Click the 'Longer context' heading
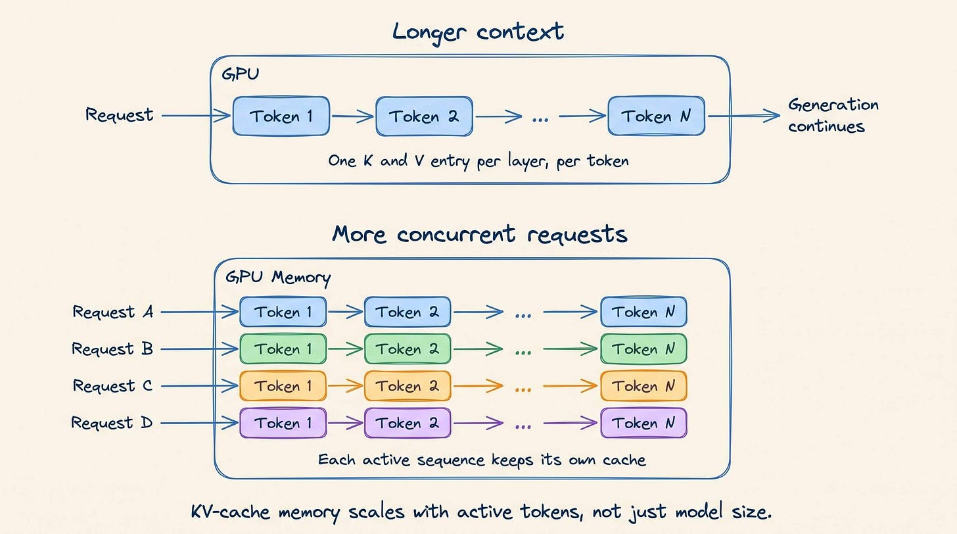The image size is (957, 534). [x=478, y=32]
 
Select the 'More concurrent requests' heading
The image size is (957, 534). [x=480, y=234]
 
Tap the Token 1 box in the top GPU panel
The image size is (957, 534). [x=281, y=116]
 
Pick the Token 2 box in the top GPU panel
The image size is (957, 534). [x=424, y=116]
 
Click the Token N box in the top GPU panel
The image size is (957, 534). [x=656, y=116]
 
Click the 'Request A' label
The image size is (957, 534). [x=113, y=312]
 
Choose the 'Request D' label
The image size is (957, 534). [x=112, y=423]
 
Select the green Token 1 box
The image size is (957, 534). [x=283, y=349]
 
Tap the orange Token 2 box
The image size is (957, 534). [x=408, y=386]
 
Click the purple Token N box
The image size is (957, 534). [x=643, y=423]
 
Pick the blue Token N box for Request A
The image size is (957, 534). [x=643, y=312]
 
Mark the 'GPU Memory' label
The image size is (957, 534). [x=278, y=278]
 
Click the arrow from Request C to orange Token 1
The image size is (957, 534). [x=200, y=386]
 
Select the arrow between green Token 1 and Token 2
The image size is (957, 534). [x=345, y=349]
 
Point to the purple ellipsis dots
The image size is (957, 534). [x=523, y=427]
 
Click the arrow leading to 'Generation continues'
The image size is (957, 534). [x=744, y=116]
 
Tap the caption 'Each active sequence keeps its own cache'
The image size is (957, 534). [x=482, y=460]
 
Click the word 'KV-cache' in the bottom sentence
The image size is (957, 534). [x=230, y=512]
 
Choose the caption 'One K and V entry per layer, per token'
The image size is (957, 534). [x=478, y=161]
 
